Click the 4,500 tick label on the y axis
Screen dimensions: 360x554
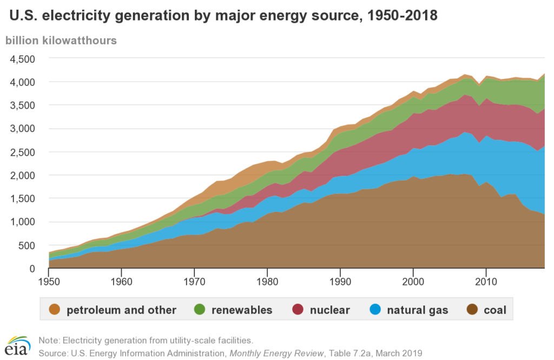[23, 58]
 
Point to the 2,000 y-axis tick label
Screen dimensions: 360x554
[23, 175]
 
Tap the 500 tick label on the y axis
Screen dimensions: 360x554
[27, 245]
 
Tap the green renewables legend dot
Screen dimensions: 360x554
[198, 310]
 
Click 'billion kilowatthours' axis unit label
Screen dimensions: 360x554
[61, 41]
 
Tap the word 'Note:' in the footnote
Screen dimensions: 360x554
[49, 340]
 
